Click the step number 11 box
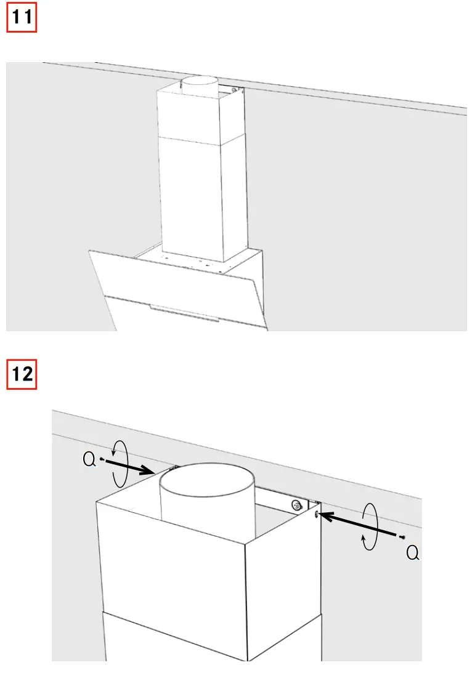(22, 18)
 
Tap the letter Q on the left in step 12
(90, 459)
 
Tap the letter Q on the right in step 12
(413, 554)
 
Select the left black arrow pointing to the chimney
(129, 467)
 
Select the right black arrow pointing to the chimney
(357, 523)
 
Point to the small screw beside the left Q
(101, 458)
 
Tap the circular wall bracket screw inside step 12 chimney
(298, 506)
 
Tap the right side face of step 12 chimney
(283, 591)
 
